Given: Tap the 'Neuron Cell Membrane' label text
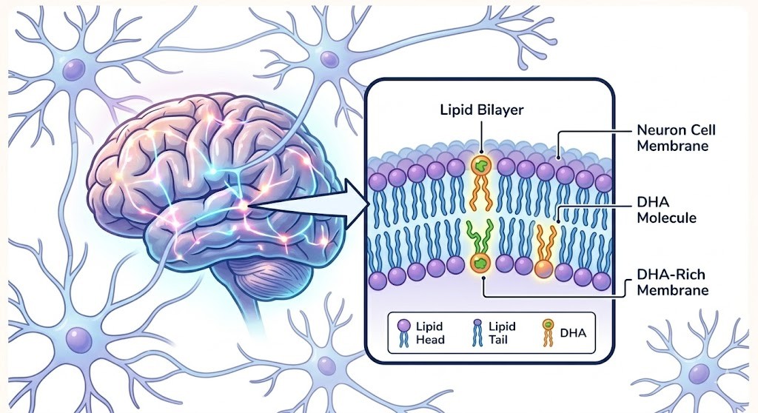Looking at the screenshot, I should click(x=676, y=138).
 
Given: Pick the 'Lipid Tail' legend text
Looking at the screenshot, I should click(x=502, y=333).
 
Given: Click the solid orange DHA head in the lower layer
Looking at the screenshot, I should click(x=543, y=269).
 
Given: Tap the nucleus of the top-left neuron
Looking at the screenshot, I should click(x=74, y=70).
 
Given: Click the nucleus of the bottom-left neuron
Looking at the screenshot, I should click(x=78, y=339).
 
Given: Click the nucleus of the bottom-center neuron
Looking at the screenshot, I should click(x=324, y=364).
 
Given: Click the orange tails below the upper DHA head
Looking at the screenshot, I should click(x=480, y=193).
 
